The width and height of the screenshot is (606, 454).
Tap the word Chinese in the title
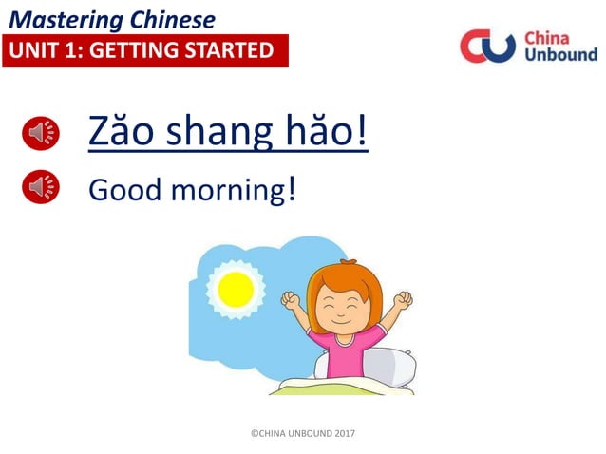pos(162,19)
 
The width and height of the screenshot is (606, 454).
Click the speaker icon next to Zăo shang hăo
pos(41,134)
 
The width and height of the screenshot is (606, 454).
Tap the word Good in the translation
pos(124,190)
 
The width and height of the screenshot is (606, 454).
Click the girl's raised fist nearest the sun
pos(290,301)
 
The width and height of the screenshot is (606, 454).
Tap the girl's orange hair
pos(347,275)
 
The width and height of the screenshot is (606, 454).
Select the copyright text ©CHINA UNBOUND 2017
pos(302,433)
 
